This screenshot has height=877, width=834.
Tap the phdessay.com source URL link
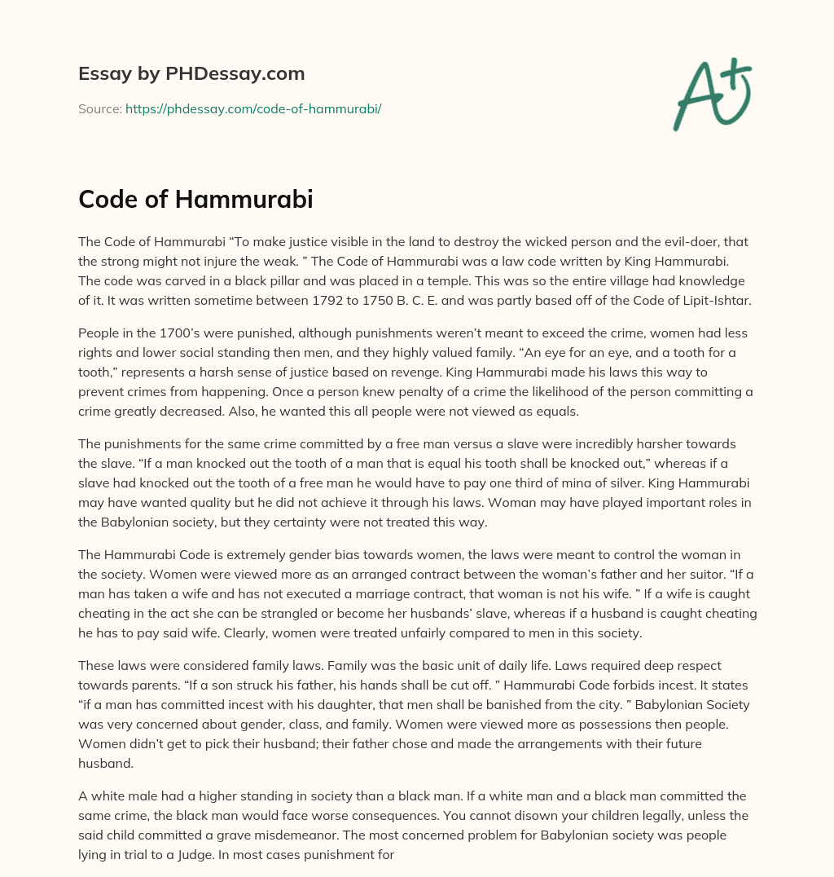[253, 108]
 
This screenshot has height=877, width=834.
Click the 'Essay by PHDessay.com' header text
[191, 73]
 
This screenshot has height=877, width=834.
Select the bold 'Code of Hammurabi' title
[195, 201]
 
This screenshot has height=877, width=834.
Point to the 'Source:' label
[99, 108]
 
